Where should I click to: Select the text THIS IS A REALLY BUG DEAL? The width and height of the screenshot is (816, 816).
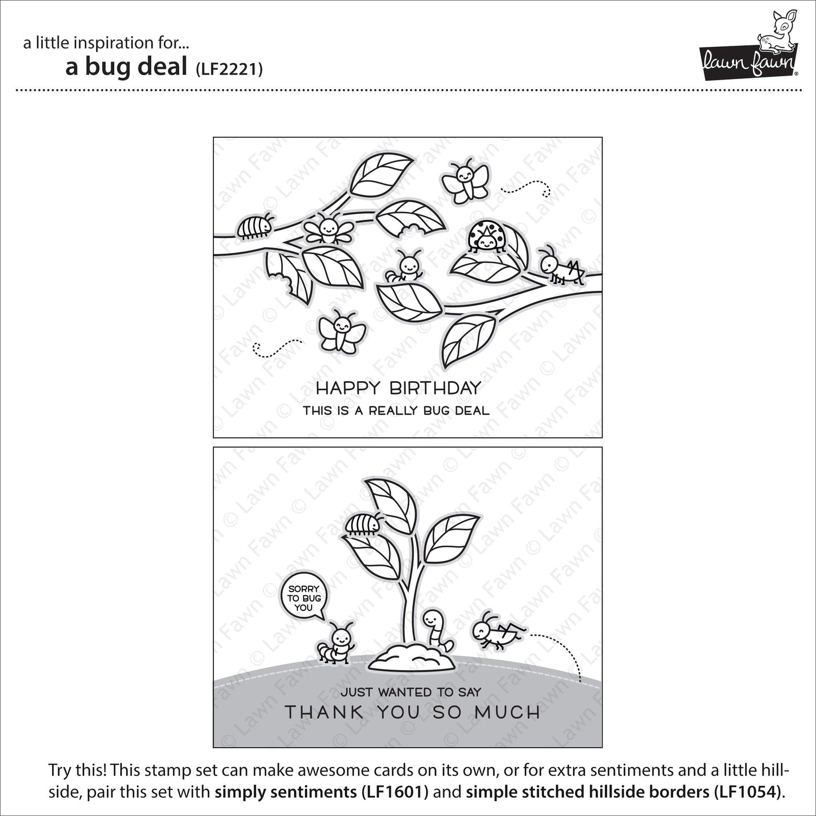[396, 411]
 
